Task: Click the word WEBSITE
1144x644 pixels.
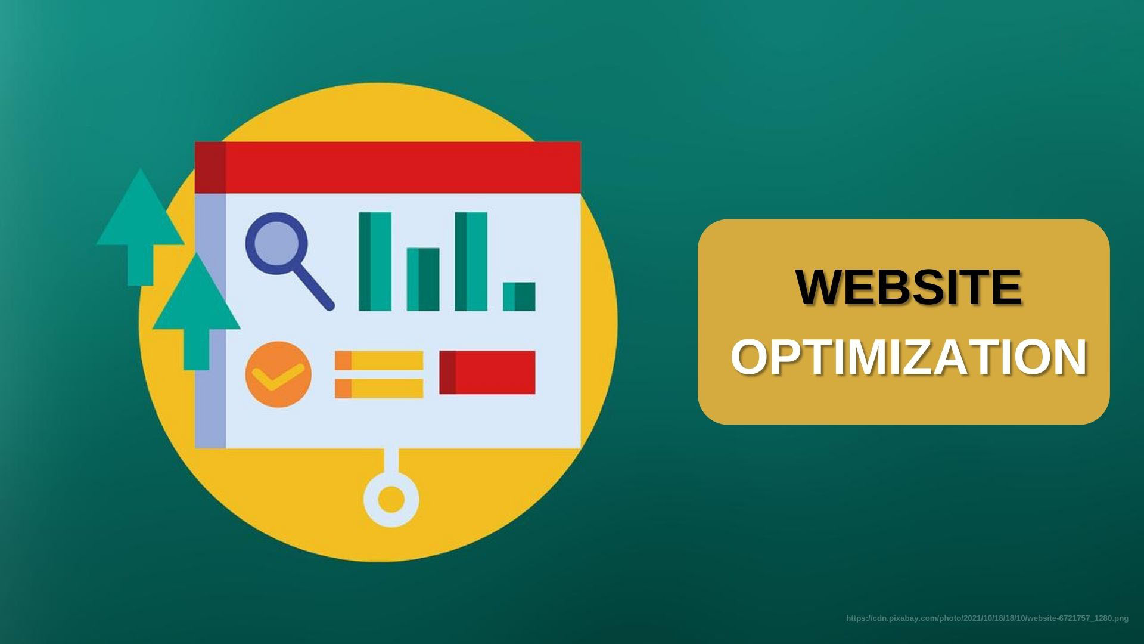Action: click(x=909, y=288)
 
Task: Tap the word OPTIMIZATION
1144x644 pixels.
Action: click(x=909, y=358)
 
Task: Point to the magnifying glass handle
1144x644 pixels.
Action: click(x=315, y=289)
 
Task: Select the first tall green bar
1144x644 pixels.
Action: click(x=375, y=261)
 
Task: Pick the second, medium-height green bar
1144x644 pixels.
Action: click(x=423, y=279)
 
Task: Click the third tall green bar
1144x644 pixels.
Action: click(x=471, y=261)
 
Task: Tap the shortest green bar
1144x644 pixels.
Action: click(x=519, y=296)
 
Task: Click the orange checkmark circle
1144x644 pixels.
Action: click(x=278, y=374)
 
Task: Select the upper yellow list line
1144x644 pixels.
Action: click(x=379, y=360)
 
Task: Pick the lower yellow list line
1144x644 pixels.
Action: click(x=379, y=388)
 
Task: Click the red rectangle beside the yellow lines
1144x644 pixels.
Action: click(x=487, y=373)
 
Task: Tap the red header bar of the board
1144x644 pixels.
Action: click(x=402, y=167)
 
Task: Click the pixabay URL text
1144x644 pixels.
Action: click(x=987, y=618)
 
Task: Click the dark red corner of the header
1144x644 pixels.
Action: click(x=210, y=167)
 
